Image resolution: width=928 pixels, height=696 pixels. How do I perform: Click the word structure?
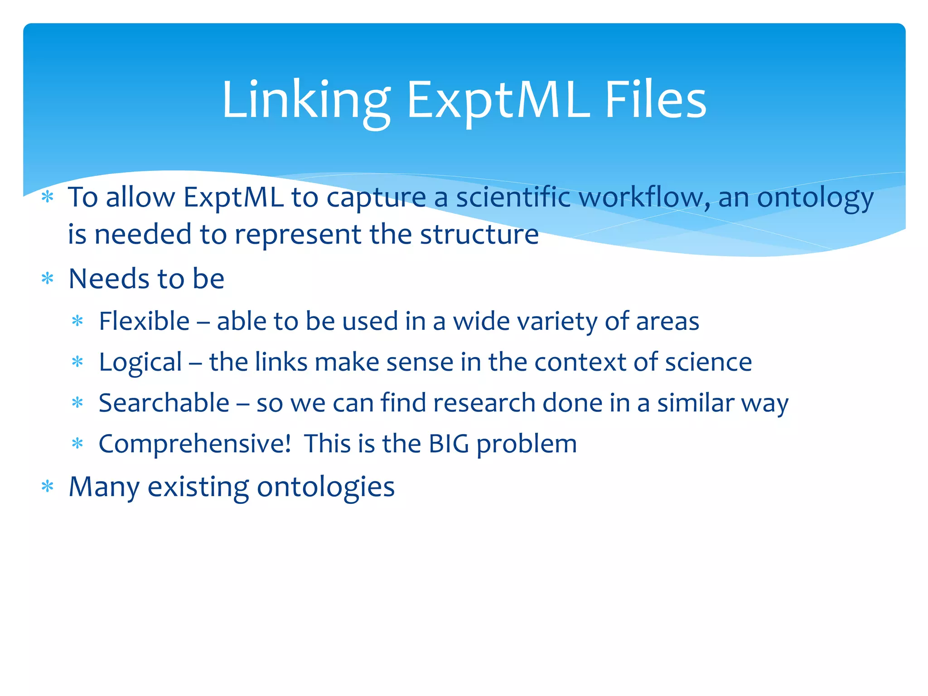click(479, 235)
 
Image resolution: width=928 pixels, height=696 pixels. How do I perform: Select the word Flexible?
click(144, 321)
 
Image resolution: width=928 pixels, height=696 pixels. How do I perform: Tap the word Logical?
click(140, 362)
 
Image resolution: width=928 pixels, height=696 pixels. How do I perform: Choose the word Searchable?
click(164, 403)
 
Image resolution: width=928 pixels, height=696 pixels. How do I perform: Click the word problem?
click(527, 445)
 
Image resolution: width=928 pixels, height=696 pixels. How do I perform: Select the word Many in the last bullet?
click(104, 488)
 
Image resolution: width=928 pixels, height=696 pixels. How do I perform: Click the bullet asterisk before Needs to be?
click(48, 278)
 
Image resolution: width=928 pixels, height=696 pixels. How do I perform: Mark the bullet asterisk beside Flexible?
click(78, 321)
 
